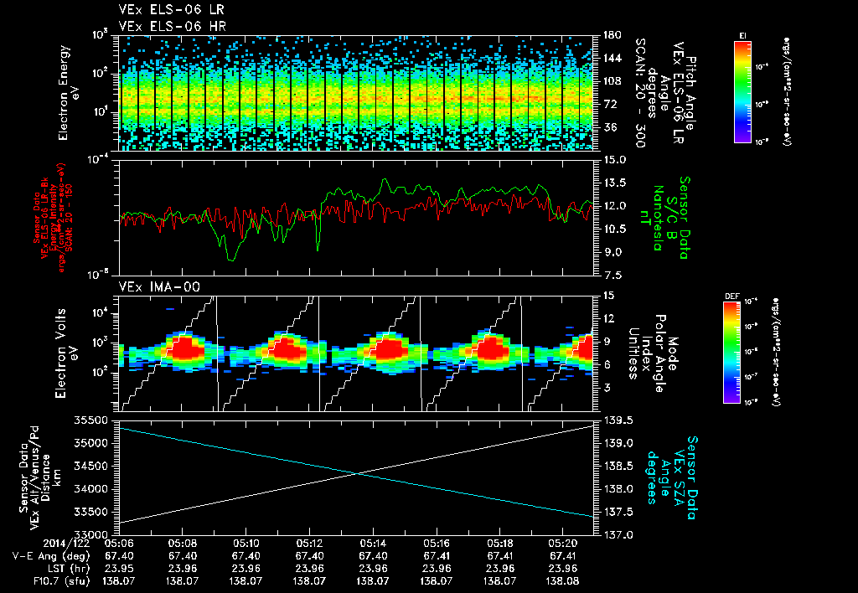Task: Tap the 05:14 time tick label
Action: coord(373,543)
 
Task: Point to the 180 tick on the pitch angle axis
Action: coord(611,35)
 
